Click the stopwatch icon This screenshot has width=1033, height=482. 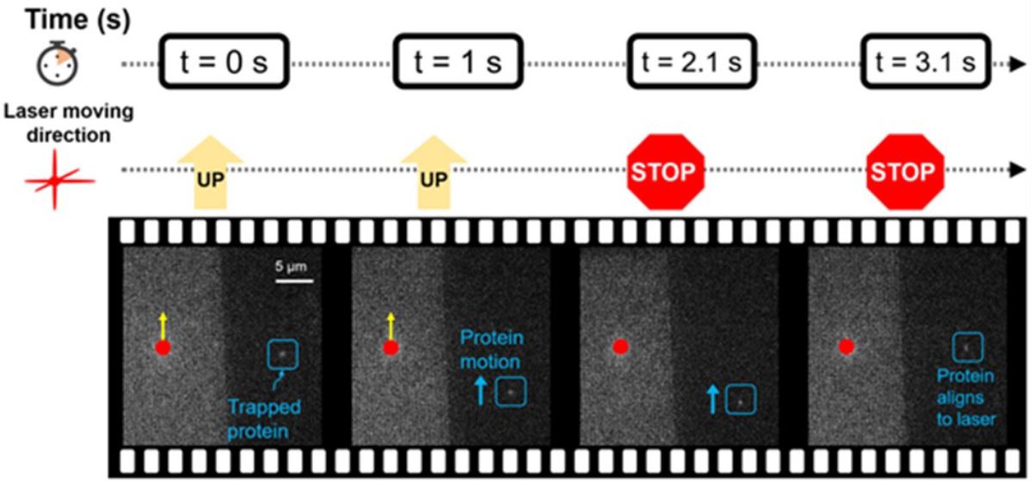(57, 64)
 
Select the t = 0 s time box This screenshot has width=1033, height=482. (224, 61)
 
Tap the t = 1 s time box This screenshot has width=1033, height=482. (458, 61)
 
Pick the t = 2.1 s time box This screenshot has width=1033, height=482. (692, 61)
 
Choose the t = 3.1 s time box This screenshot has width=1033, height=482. (925, 61)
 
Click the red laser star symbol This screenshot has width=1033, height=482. (56, 180)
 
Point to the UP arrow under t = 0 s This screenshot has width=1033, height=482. (210, 172)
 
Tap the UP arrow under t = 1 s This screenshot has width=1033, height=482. (433, 172)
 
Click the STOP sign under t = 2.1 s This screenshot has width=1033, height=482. (666, 172)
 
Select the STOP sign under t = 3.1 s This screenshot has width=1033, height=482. (905, 172)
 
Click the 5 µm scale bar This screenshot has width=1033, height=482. (294, 281)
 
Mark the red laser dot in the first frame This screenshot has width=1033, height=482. (163, 348)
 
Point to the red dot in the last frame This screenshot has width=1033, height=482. (845, 346)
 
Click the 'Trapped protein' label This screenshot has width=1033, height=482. (264, 419)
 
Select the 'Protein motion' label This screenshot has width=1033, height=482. (492, 349)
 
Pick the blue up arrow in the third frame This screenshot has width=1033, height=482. (713, 399)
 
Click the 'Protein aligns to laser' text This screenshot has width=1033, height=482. (966, 398)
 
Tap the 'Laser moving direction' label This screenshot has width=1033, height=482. (69, 123)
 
